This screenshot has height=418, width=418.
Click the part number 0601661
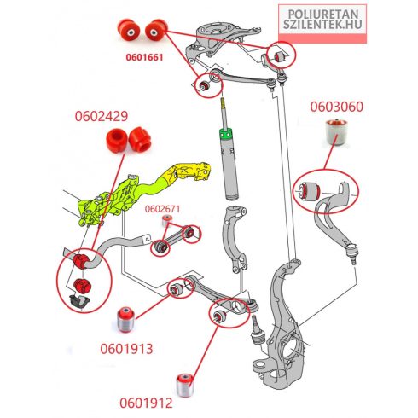point(144,57)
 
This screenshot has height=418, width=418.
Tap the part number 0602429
point(102,116)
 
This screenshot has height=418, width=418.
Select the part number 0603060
point(337,107)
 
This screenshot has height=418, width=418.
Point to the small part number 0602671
point(162,209)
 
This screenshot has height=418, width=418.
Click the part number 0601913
point(126,349)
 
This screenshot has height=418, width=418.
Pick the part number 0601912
point(146,403)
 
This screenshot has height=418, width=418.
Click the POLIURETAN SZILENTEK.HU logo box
point(322,24)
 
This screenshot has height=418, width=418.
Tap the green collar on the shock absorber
point(225,135)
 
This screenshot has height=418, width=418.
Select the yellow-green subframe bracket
point(142,194)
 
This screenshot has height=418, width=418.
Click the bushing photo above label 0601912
point(185,386)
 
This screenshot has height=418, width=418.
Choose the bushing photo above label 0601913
point(125,319)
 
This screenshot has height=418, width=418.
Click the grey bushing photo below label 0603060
point(337,133)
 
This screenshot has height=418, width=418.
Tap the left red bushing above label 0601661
point(129,30)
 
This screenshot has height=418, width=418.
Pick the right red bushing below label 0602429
point(140,140)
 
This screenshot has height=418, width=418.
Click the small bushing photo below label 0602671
point(167,221)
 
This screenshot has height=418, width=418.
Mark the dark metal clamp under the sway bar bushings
point(79,301)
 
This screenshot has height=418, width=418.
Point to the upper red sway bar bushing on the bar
point(81,261)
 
